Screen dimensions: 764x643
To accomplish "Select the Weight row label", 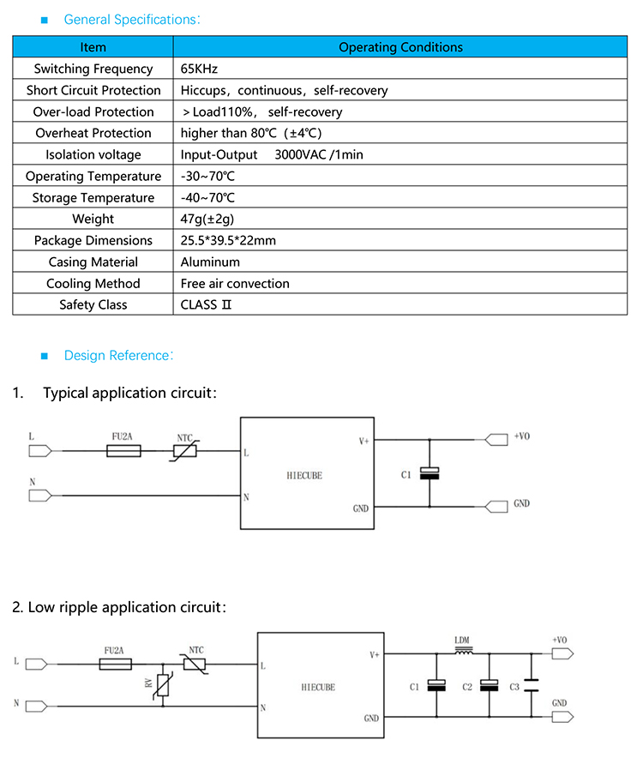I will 93,219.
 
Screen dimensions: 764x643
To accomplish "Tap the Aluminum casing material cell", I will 210,262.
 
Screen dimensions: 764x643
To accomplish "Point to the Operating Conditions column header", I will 400,47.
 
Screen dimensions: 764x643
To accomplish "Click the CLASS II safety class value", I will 206,304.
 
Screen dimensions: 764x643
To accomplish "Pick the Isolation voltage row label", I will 93,154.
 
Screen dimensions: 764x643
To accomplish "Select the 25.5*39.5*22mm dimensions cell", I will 228,240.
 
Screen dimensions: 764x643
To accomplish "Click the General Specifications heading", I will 133,19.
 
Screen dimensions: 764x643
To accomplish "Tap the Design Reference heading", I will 119,355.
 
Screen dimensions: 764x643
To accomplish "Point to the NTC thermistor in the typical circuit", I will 185,451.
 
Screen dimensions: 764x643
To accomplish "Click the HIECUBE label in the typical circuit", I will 304,475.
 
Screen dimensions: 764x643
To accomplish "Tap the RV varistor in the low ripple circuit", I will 162,685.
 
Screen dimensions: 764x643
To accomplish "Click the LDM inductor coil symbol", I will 463,653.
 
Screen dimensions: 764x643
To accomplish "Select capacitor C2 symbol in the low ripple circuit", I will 489,686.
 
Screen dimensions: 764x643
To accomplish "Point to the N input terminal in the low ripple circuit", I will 37,707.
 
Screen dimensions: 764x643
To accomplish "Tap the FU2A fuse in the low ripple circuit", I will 115,665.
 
